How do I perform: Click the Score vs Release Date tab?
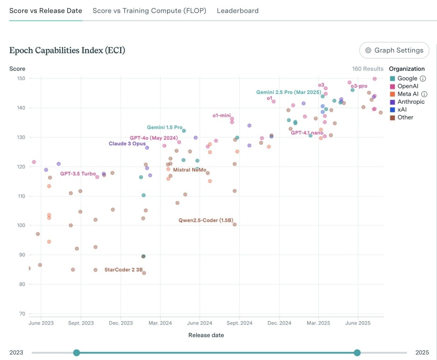coord(46,10)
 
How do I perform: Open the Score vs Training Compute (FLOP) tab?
coord(149,10)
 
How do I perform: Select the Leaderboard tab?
coord(238,10)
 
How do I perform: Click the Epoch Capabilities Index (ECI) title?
coord(67,51)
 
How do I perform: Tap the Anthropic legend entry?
coord(411,102)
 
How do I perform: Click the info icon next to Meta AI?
coord(424,94)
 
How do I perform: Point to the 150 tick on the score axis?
coord(20,78)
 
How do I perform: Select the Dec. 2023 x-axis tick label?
coord(121,323)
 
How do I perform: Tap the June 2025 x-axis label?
coord(358,323)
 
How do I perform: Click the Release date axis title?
coord(206,335)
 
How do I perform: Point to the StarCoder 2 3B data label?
coord(123,270)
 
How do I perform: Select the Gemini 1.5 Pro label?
coord(164,127)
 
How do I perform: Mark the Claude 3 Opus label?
coord(127,144)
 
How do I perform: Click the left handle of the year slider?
coord(76,353)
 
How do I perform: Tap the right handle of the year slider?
coord(357,353)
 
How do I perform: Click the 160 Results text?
coord(368,69)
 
